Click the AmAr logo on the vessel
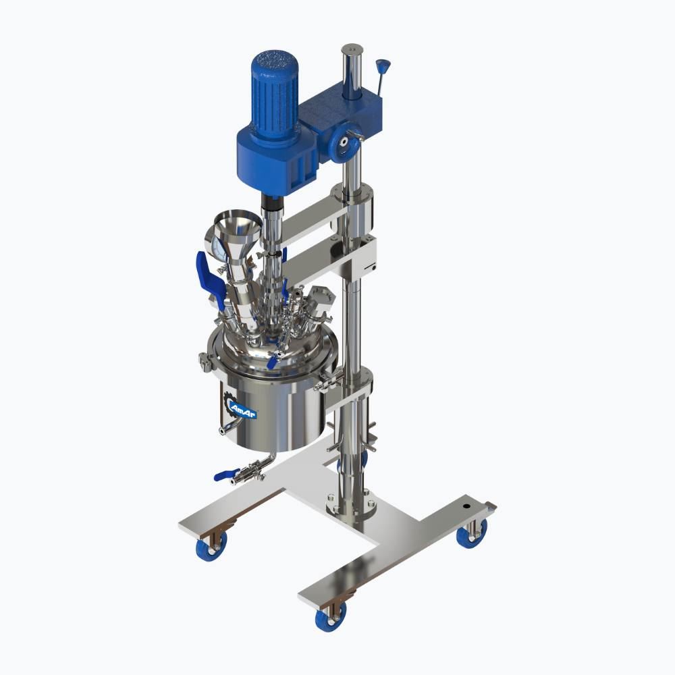point(242,410)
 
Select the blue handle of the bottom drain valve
point(226,475)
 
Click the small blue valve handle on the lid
point(272,360)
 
